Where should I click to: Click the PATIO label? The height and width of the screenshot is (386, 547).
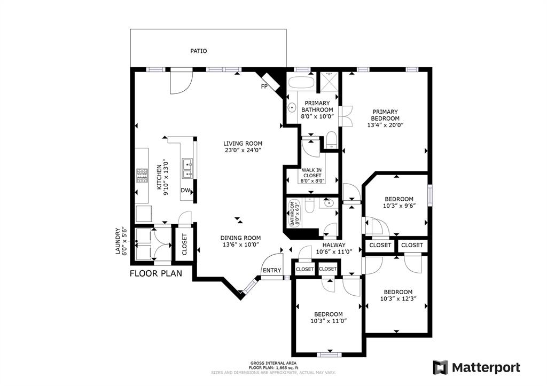[199, 51]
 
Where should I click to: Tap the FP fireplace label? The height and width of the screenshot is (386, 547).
[264, 86]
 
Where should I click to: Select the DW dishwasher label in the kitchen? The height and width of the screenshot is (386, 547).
[185, 191]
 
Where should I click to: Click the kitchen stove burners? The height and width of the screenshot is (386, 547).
[142, 176]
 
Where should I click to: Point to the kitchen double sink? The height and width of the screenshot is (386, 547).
[187, 168]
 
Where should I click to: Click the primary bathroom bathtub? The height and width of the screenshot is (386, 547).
[301, 82]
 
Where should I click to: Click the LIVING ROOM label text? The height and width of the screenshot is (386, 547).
[243, 143]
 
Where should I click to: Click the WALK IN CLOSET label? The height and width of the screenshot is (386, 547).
[312, 172]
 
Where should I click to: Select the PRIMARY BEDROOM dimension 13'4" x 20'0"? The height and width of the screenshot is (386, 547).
[386, 125]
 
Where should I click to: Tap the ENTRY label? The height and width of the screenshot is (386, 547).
[272, 270]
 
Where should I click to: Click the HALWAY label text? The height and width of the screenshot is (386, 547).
[334, 245]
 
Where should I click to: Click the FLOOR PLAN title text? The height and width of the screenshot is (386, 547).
[156, 273]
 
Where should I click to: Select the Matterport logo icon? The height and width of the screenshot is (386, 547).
[440, 367]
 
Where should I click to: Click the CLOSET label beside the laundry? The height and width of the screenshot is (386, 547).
[184, 244]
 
